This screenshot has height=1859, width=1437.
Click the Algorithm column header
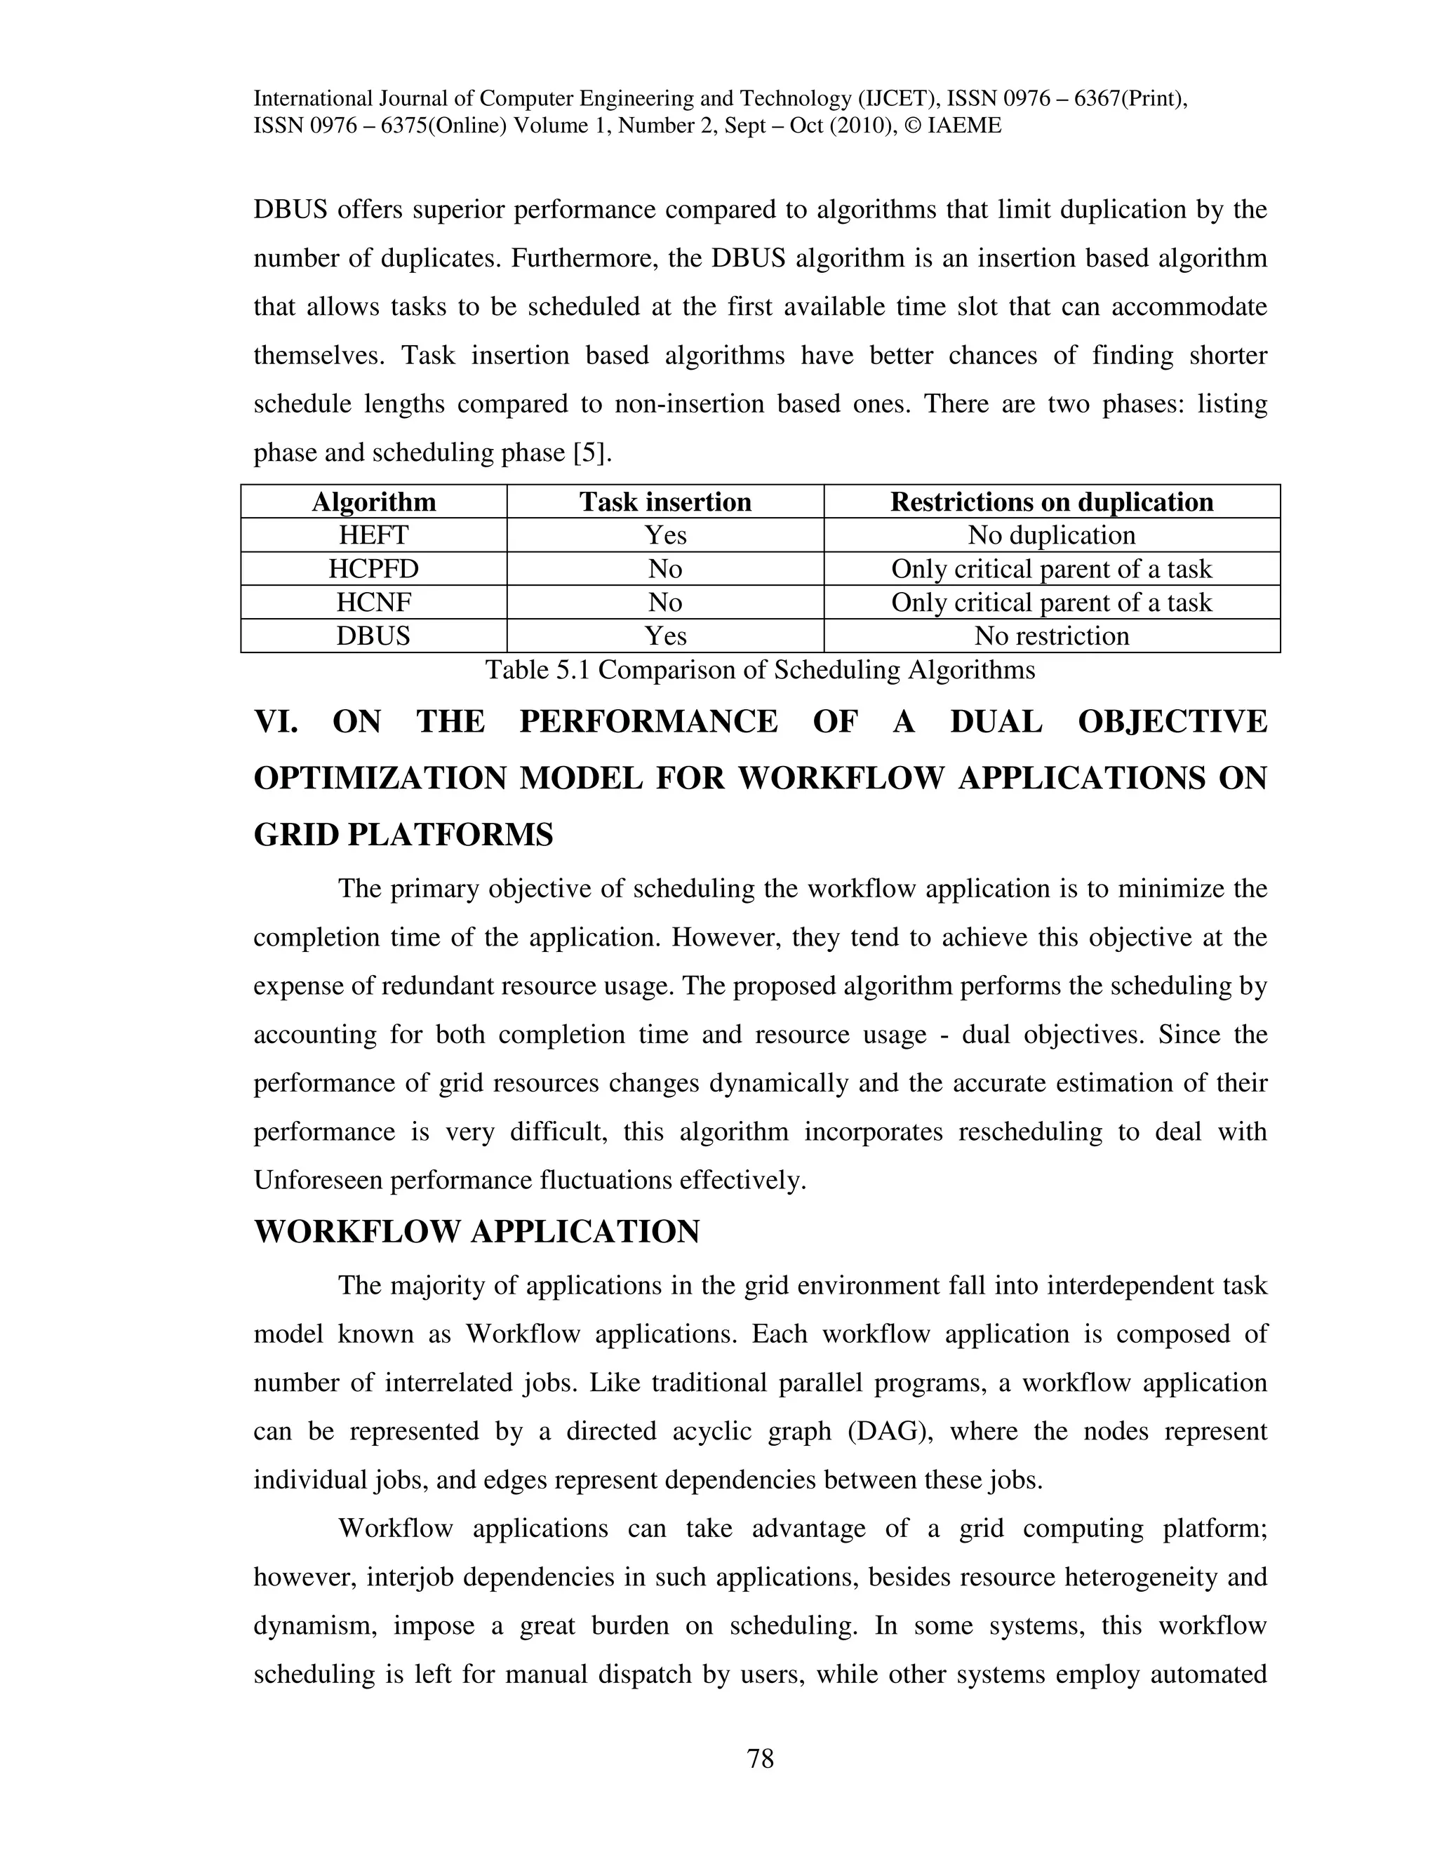click(374, 502)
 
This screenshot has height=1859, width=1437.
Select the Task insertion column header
click(665, 502)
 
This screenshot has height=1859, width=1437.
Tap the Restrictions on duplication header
click(1051, 502)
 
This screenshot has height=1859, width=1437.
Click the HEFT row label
click(374, 535)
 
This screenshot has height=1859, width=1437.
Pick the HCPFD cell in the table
click(374, 569)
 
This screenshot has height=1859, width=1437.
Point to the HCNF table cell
click(374, 603)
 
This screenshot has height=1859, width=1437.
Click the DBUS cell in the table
click(374, 636)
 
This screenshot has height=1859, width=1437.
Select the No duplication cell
click(1051, 535)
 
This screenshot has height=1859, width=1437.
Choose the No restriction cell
click(1051, 636)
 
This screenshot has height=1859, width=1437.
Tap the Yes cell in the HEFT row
click(665, 535)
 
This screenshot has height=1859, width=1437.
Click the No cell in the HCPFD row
click(665, 569)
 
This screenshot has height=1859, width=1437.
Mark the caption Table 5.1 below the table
click(759, 670)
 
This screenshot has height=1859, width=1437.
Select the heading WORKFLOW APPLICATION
click(476, 1232)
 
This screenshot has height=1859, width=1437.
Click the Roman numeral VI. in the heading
click(276, 722)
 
